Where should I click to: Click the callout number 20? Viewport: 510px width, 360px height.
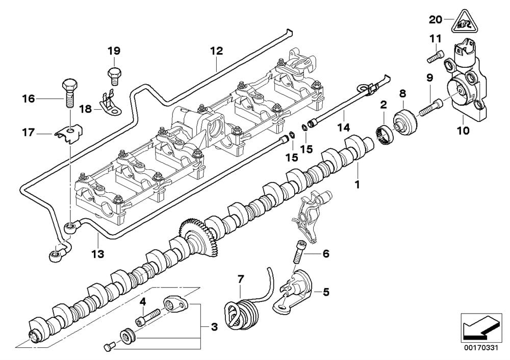coord(435,20)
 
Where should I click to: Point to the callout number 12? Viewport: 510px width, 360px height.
coord(216,51)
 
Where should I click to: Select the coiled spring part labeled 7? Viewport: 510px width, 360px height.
coord(241,308)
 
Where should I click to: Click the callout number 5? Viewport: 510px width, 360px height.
coord(326,293)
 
